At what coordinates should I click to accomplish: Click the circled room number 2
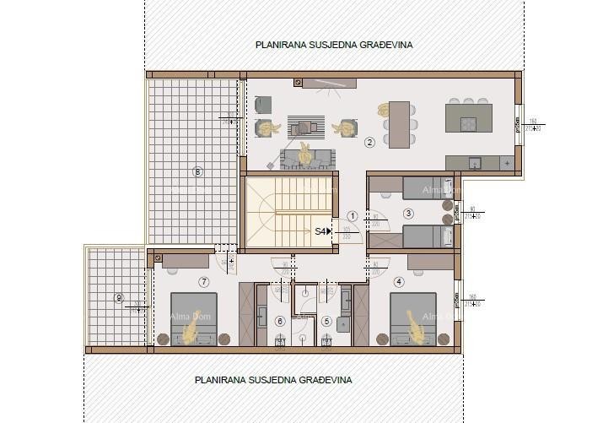tap(369, 142)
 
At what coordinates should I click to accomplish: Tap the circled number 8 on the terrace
tap(197, 172)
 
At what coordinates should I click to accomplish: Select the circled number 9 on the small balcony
tap(119, 297)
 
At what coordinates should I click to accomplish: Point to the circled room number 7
tap(203, 281)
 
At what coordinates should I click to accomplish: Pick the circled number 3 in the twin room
tap(409, 214)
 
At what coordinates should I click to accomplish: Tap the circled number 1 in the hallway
tap(353, 216)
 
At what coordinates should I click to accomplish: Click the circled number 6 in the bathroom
tap(281, 321)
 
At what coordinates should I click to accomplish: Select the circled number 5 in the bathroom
tap(326, 321)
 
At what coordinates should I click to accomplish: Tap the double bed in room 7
tap(194, 319)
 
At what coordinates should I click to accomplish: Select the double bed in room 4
tap(413, 319)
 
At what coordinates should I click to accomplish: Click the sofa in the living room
tap(309, 158)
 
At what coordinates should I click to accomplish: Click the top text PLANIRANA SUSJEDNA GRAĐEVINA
tap(334, 45)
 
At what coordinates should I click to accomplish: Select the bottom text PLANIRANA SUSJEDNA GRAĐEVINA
tap(273, 380)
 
